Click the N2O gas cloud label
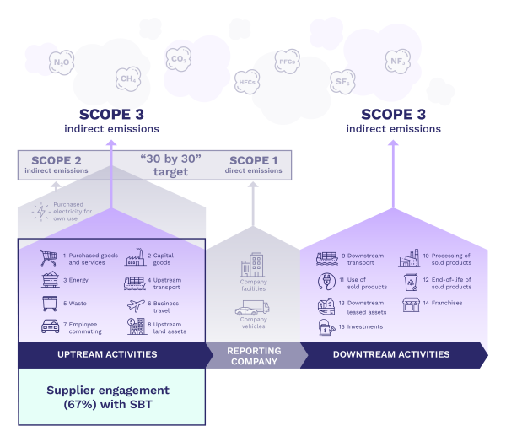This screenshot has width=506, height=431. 62,62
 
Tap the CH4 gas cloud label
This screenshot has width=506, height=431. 128,79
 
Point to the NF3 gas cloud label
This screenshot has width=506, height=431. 396,62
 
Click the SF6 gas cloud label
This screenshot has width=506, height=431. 342,81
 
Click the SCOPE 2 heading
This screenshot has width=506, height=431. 56,160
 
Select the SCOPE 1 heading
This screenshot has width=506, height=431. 253,160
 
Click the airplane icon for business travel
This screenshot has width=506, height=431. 135,304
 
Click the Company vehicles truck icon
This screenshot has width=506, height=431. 253,309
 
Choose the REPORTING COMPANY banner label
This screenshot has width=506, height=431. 254,355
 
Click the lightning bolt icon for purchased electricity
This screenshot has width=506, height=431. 37,211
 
